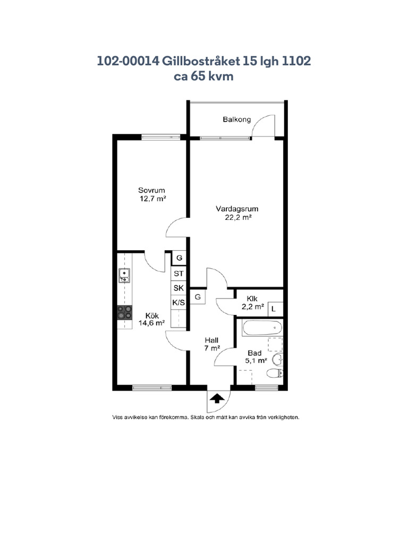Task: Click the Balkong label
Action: (x=236, y=120)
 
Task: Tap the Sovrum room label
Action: (x=151, y=190)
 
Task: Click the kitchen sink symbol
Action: (x=124, y=276)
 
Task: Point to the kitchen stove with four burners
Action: (x=124, y=312)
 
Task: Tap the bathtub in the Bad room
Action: (x=262, y=328)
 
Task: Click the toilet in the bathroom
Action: (x=275, y=373)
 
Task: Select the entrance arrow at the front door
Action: (x=217, y=398)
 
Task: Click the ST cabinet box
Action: (x=178, y=274)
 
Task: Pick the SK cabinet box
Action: (x=178, y=288)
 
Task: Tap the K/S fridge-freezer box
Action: (x=178, y=302)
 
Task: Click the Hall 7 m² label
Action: (x=211, y=344)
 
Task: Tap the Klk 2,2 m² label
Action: (x=252, y=302)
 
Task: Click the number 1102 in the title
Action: (x=296, y=61)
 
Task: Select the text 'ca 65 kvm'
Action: (x=203, y=76)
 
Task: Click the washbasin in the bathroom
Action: (x=277, y=360)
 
